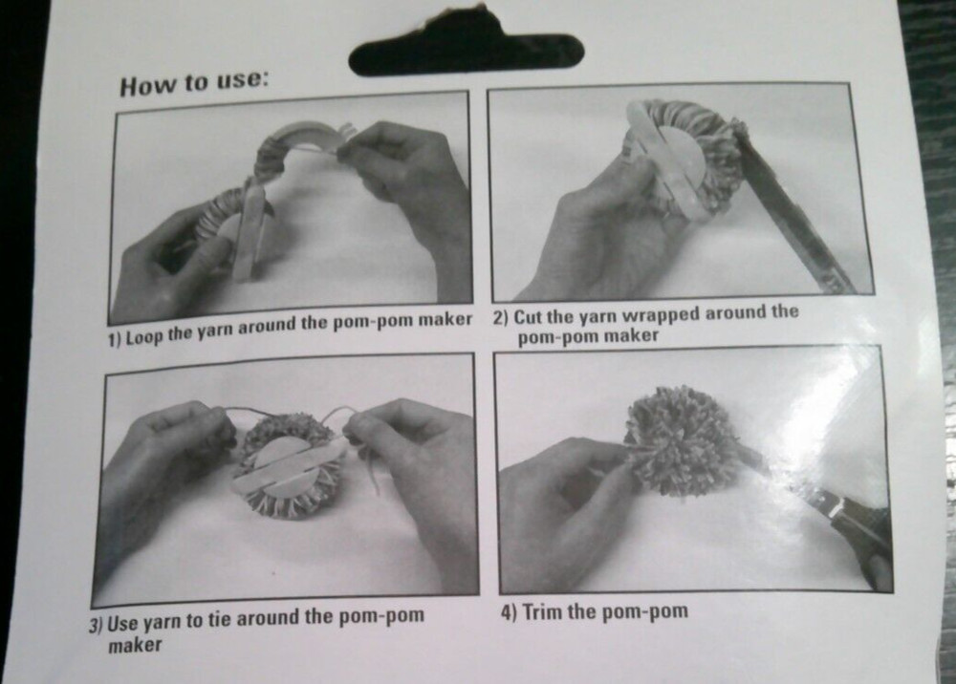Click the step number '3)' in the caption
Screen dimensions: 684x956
(96, 626)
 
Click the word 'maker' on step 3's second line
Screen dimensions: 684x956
(135, 645)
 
